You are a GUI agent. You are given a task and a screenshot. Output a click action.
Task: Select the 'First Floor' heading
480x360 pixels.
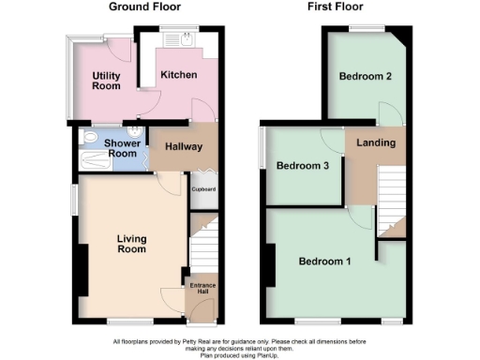tap(337, 7)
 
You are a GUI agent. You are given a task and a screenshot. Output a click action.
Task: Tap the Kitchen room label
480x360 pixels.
tap(178, 74)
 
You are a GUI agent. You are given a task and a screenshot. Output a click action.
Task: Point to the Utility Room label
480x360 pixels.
tap(106, 81)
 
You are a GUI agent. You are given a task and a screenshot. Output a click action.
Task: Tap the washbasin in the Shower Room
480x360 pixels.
tap(138, 132)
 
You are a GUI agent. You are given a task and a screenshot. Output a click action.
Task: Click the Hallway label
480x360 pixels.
tap(177, 146)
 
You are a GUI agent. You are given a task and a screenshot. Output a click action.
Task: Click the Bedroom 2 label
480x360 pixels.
tap(365, 76)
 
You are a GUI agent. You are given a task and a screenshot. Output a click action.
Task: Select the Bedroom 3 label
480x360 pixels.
tap(302, 166)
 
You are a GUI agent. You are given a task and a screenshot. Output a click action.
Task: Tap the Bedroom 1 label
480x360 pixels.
tap(324, 261)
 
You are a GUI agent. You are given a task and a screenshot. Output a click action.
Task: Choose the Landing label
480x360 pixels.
tap(376, 142)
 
